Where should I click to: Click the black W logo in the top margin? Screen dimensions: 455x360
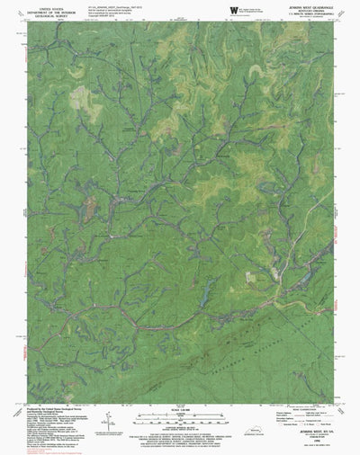[233, 9]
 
